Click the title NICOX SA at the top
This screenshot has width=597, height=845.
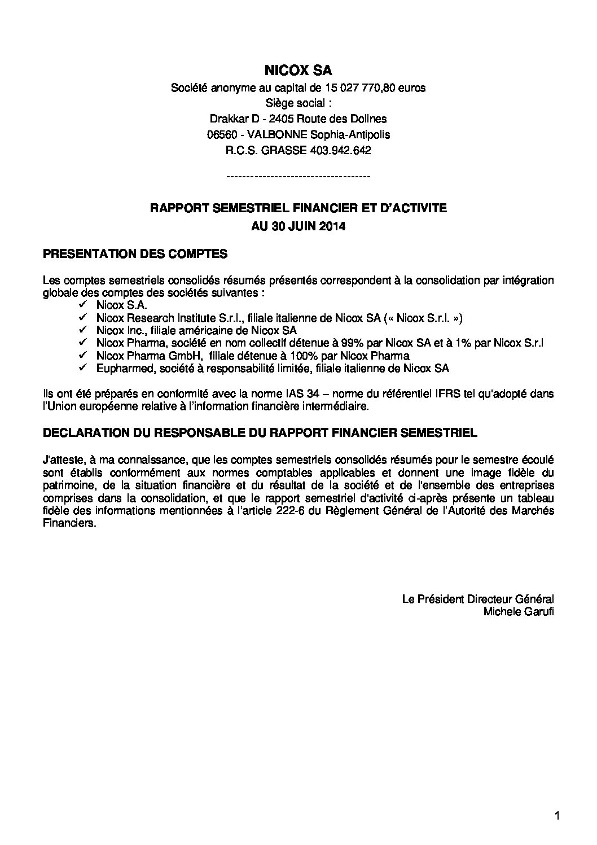click(298, 71)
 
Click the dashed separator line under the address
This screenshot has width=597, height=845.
click(298, 177)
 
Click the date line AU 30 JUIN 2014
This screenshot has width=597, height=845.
click(298, 227)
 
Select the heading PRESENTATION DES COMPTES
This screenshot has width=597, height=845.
click(135, 254)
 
